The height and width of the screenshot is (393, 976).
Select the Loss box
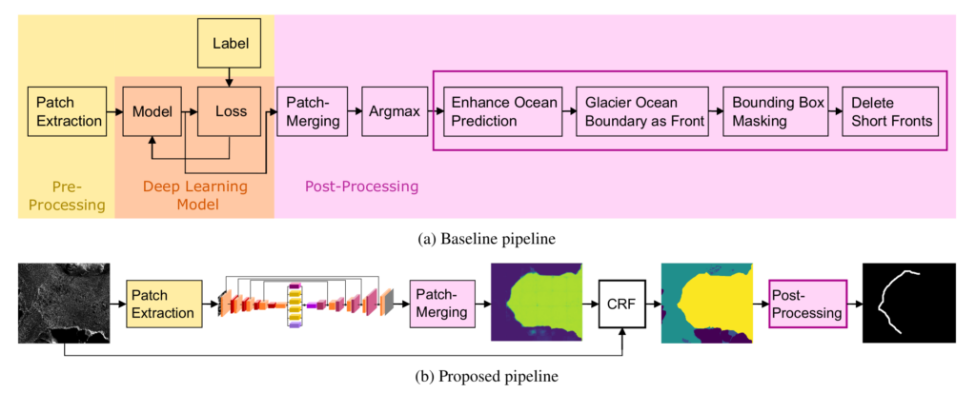231,112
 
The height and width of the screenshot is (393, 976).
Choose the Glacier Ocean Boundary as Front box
642,112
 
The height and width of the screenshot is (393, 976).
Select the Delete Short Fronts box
891,112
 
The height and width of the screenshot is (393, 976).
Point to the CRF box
622,305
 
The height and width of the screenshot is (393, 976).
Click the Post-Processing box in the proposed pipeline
808,305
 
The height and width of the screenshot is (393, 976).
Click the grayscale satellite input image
64,303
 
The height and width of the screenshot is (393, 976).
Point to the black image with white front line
908,303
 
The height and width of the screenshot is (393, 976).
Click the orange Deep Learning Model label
194,195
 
